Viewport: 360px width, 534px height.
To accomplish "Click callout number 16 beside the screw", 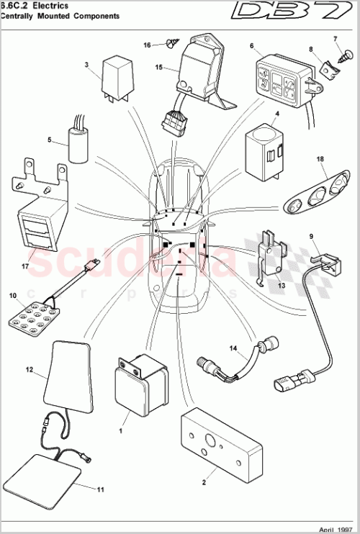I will pos(147,45).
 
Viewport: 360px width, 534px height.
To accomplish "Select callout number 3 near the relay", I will pos(86,65).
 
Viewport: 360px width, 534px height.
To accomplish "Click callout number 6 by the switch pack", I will pos(251,46).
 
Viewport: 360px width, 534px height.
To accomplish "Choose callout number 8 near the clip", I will pos(311,49).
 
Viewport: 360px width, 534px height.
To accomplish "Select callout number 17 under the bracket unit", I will pos(24,266).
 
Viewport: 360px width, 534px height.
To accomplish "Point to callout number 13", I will pos(282,285).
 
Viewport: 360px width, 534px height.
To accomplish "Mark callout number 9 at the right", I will pos(312,236).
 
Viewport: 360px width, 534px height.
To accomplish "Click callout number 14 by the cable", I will pos(233,348).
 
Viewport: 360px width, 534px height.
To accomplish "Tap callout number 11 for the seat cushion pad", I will pos(101,489).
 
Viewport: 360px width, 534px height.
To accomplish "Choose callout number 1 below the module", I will pos(122,432).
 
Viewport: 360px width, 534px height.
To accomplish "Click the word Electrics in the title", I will pos(50,4).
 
